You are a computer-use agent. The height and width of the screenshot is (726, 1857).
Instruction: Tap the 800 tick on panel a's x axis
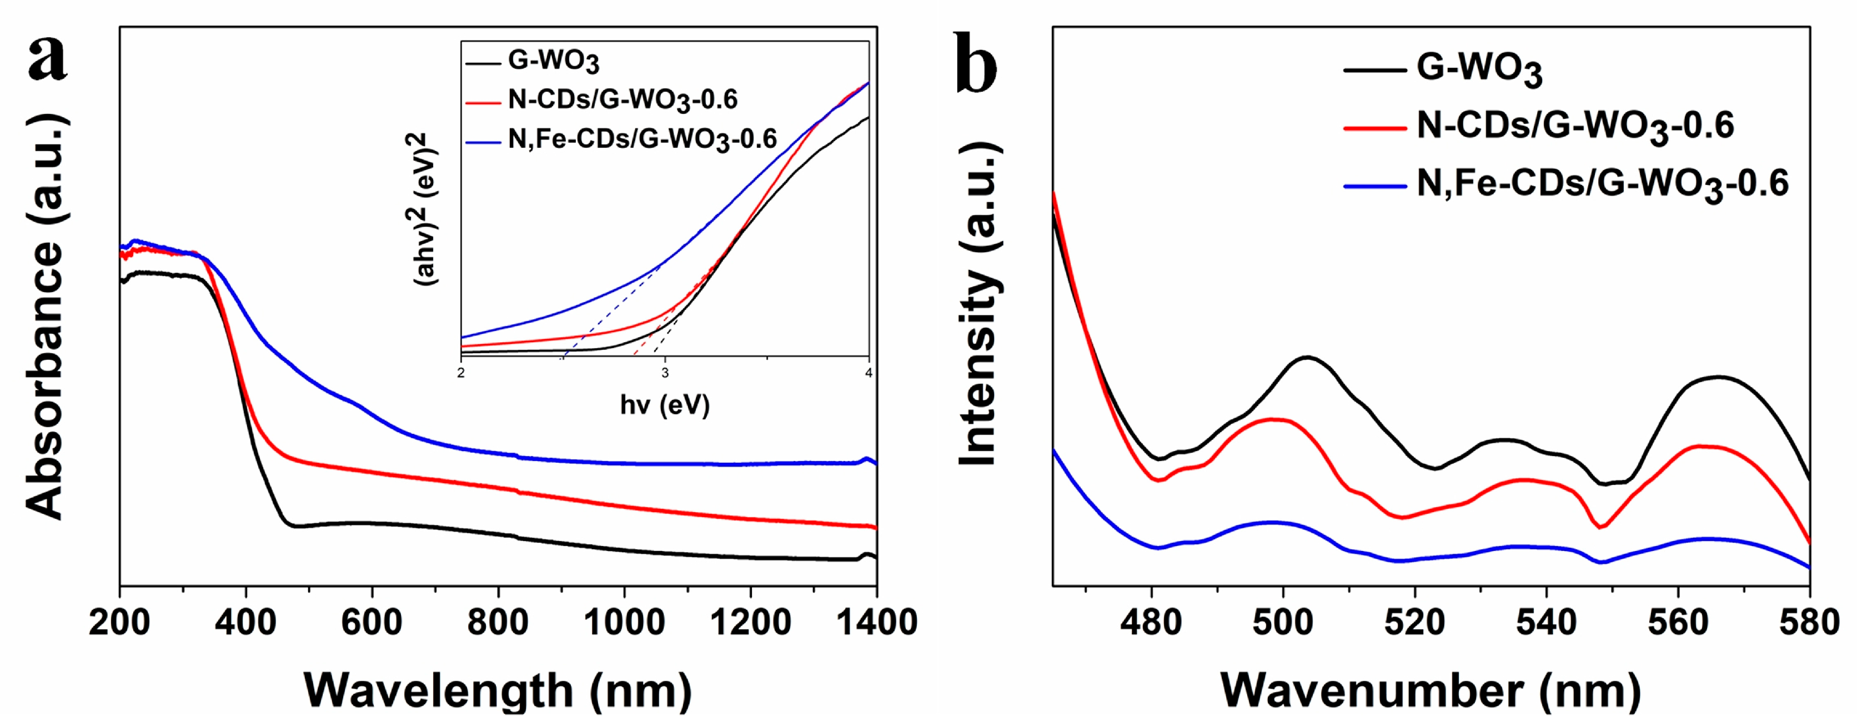(x=498, y=622)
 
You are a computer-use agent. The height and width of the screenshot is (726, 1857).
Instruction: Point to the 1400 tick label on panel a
(x=876, y=622)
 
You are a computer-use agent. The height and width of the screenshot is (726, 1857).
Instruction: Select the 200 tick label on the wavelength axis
(x=119, y=622)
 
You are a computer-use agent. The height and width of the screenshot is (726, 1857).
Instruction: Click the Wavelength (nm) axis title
(x=498, y=690)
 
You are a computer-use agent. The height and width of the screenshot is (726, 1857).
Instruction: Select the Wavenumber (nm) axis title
(x=1431, y=690)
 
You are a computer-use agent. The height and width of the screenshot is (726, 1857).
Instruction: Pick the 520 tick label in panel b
(x=1414, y=622)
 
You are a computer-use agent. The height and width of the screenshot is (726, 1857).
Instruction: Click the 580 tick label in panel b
(x=1808, y=622)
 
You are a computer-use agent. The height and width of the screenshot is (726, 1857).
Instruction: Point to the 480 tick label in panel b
(x=1151, y=622)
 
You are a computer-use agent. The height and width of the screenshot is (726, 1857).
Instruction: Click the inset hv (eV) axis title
(x=665, y=404)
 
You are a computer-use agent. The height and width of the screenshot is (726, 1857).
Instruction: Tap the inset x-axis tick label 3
(x=665, y=373)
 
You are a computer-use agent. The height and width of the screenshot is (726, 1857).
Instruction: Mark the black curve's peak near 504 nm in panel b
(x=1307, y=357)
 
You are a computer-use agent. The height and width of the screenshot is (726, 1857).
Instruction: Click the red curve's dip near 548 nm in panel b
(x=1600, y=527)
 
